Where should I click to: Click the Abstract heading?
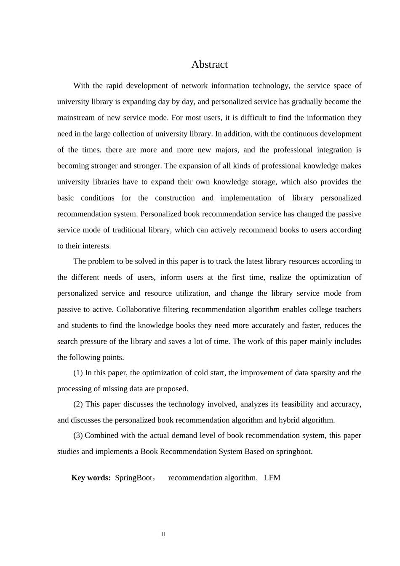click(209, 64)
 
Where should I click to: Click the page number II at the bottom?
click(163, 534)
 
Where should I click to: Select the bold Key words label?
click(91, 478)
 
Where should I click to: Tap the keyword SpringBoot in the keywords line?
click(133, 478)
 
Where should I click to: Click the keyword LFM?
click(272, 478)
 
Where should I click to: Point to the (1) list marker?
click(78, 373)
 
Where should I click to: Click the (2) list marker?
click(78, 404)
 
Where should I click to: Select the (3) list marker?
click(78, 435)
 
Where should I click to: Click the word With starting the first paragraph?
click(81, 86)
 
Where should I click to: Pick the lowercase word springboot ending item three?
click(294, 451)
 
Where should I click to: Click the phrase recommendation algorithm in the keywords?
click(212, 478)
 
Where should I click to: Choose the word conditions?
click(97, 198)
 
